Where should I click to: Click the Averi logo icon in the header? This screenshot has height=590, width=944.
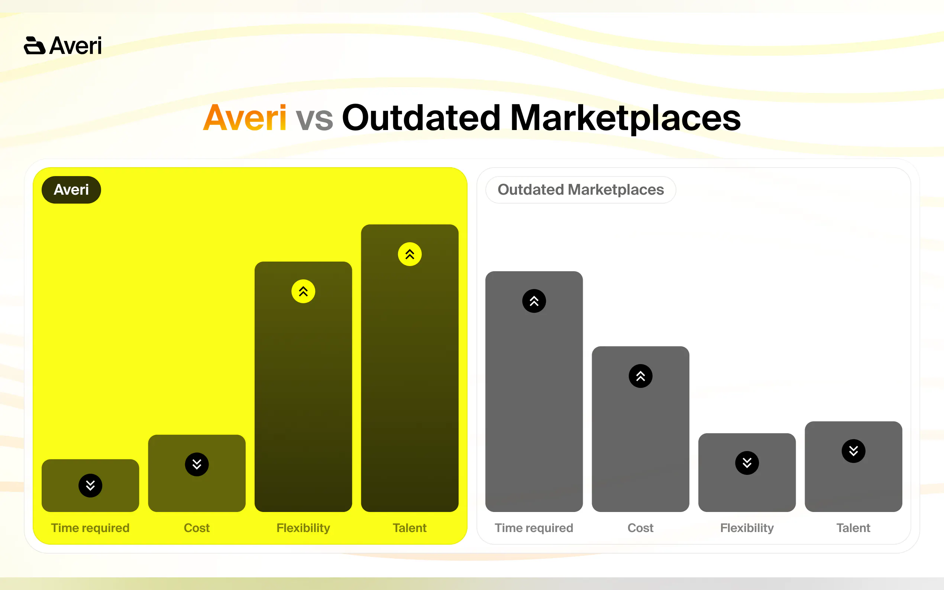tap(35, 45)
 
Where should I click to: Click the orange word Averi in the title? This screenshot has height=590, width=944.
tap(245, 117)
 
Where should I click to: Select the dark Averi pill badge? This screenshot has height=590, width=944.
tap(71, 189)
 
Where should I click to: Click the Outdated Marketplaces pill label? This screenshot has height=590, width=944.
tap(581, 189)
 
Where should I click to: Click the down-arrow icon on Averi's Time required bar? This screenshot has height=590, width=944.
tap(90, 486)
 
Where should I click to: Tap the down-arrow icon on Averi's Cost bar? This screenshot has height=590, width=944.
tap(197, 464)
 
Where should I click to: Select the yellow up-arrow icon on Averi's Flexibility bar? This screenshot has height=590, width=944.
tap(303, 291)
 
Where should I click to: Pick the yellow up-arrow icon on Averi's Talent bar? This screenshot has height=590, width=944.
tap(410, 254)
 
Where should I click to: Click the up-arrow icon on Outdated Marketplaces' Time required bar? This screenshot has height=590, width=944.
tap(534, 301)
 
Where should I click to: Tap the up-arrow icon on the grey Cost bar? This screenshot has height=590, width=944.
tap(640, 376)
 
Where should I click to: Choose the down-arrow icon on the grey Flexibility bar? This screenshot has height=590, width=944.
tap(747, 463)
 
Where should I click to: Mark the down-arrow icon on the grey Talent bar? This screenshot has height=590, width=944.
tap(853, 451)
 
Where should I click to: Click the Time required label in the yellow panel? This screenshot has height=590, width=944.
tap(90, 528)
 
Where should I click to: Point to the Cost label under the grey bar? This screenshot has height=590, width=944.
tap(640, 528)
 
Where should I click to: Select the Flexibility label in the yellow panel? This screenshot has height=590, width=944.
tap(303, 528)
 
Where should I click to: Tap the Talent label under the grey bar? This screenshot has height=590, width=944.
tap(853, 528)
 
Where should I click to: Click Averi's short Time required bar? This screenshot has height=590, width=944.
tap(90, 486)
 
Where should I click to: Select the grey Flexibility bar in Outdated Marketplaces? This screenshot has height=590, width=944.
tap(747, 472)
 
